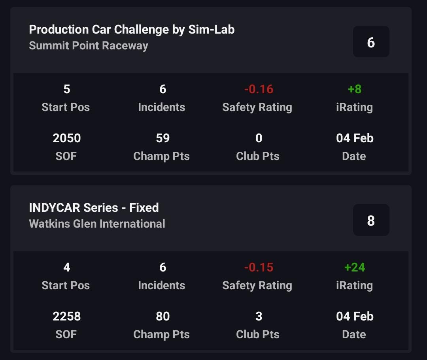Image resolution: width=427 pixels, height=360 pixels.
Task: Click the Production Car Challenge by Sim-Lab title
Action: click(x=132, y=30)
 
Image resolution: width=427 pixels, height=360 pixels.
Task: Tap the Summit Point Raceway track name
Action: click(x=89, y=45)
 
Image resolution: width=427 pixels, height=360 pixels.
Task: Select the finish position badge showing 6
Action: click(x=371, y=42)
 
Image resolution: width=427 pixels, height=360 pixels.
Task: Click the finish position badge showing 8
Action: click(x=371, y=220)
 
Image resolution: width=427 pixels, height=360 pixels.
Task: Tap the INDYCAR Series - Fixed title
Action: click(x=94, y=207)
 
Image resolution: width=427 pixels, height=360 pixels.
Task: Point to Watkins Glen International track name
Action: click(x=97, y=224)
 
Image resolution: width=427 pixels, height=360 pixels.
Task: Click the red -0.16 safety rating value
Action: click(x=259, y=89)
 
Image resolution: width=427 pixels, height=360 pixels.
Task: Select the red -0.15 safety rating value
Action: click(x=259, y=268)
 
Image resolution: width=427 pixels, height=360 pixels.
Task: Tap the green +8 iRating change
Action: click(x=355, y=89)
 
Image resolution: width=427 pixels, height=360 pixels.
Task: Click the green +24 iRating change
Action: click(x=355, y=268)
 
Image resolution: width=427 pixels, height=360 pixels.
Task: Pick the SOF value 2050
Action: click(x=66, y=138)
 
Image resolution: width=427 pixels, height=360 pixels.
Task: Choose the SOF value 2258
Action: click(x=66, y=317)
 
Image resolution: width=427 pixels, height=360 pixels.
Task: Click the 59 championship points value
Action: click(x=162, y=138)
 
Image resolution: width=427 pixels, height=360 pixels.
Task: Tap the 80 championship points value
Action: click(x=162, y=317)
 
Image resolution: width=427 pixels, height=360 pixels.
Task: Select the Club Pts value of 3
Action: click(x=259, y=317)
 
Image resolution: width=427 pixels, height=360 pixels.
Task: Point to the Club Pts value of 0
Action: click(x=259, y=138)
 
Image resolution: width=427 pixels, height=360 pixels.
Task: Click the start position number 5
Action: click(x=66, y=89)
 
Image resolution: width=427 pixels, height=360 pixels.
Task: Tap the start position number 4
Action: click(x=66, y=268)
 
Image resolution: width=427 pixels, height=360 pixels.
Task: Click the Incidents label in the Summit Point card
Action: click(x=161, y=107)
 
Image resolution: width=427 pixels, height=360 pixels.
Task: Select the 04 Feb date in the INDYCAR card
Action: click(x=355, y=317)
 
